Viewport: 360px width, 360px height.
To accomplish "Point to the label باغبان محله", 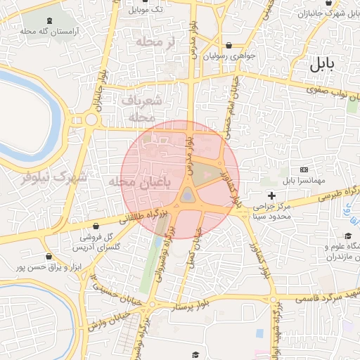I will [141, 182].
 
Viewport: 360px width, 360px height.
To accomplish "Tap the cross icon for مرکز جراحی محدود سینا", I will [271, 195].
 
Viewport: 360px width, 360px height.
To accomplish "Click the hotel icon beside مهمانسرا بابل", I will [304, 169].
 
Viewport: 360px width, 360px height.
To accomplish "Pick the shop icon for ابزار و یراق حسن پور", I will [48, 256].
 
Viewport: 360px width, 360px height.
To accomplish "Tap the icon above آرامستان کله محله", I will [48, 20].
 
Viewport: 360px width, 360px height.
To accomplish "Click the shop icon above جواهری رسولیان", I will [229, 46].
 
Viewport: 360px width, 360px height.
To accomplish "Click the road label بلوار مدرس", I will [188, 151].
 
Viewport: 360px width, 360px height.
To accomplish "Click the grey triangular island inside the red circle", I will [188, 195].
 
